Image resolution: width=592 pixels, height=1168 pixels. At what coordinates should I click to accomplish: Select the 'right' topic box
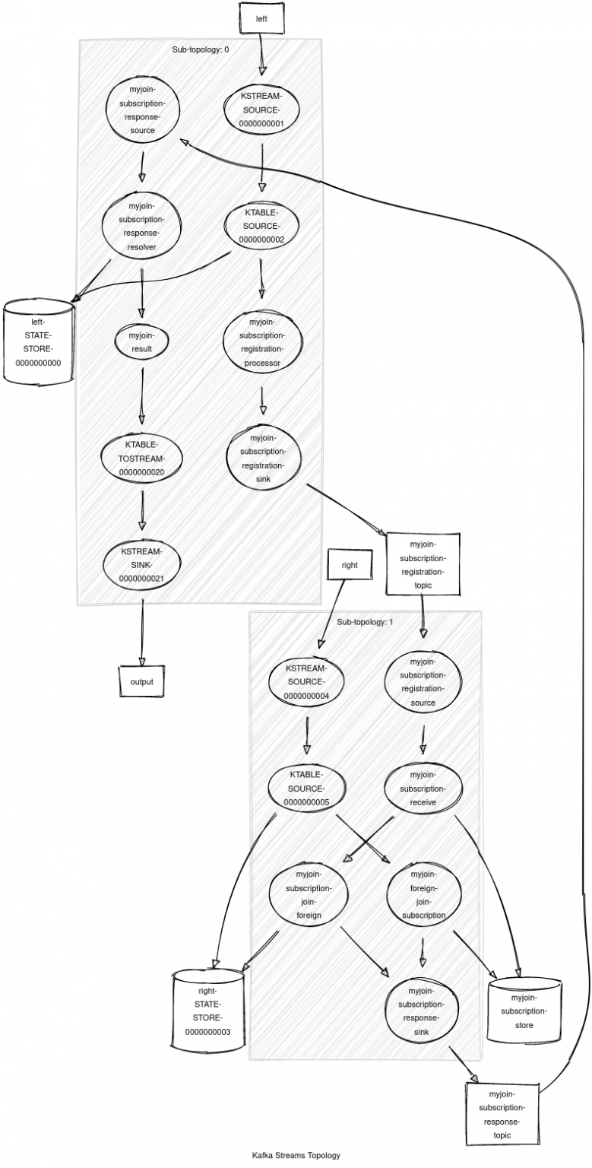point(349,565)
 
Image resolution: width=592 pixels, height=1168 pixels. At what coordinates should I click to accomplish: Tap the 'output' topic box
point(141,681)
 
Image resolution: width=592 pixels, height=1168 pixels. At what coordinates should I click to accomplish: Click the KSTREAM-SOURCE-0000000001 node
point(262,109)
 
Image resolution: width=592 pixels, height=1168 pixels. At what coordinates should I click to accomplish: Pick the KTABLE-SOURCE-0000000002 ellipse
point(261,226)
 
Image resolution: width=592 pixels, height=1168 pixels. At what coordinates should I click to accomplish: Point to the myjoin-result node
point(141,342)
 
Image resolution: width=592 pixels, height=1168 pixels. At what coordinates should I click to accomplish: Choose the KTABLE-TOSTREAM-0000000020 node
point(141,459)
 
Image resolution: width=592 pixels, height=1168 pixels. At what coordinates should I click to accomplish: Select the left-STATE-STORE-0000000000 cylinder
point(38,342)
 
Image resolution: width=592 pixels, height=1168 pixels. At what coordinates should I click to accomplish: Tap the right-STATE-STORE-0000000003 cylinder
point(208,1011)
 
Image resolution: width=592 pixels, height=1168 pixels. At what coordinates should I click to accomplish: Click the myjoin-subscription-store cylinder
point(524,1011)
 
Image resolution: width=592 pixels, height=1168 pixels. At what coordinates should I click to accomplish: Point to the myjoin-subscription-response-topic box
point(501,1114)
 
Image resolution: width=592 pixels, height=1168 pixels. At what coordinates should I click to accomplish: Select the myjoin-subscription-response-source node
point(142,109)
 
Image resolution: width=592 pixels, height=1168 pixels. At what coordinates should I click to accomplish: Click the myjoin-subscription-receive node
point(422,788)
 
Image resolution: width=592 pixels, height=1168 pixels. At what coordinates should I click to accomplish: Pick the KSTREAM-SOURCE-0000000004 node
point(305,681)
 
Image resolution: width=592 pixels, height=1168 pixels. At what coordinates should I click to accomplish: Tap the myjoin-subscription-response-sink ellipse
point(422,1011)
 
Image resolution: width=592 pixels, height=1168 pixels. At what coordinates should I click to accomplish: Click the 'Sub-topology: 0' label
point(201,49)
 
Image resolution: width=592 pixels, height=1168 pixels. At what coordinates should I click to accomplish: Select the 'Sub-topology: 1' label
point(365,622)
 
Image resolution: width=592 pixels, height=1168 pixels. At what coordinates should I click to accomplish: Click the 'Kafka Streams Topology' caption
point(296,1155)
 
